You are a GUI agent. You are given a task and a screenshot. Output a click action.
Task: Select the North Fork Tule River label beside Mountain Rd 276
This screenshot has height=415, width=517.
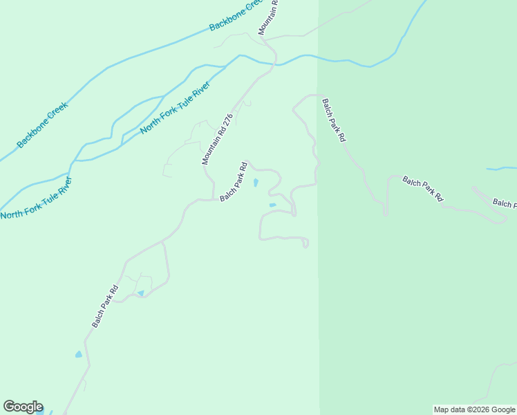(175, 111)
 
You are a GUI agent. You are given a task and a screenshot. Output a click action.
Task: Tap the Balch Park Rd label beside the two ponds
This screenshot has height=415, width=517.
(234, 182)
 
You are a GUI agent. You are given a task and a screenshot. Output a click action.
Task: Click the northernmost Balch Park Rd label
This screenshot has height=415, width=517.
(332, 120)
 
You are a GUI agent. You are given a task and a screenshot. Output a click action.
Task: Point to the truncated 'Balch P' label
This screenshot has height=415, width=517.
(504, 203)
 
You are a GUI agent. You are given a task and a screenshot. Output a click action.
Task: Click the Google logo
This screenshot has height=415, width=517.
(23, 407)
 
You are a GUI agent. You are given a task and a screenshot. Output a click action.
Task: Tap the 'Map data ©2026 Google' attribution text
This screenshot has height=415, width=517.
(475, 409)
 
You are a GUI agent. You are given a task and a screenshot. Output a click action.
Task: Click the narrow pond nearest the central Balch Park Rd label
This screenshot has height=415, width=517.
(256, 183)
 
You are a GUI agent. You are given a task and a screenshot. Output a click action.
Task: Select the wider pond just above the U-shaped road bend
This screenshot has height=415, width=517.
(272, 205)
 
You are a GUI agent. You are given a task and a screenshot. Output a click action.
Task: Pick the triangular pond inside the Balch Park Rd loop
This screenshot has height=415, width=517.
(141, 293)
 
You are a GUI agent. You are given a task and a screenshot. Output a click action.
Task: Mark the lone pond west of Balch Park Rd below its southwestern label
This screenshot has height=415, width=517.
(78, 355)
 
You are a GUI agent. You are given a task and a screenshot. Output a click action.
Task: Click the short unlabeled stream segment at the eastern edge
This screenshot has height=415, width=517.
(502, 168)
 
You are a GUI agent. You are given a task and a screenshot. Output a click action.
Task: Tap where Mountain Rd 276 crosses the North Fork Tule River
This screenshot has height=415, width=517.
(274, 64)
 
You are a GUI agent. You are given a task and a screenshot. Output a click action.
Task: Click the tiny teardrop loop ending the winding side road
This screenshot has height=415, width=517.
(305, 243)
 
